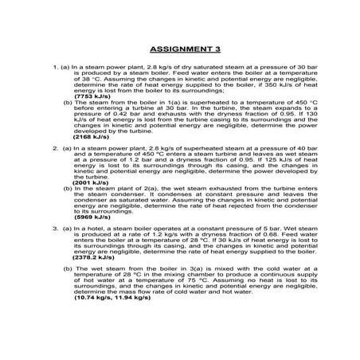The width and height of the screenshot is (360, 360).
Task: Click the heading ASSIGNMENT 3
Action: pos(180,48)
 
